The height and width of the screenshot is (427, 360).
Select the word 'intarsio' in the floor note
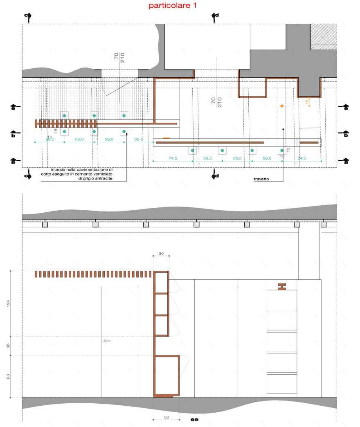click(60, 169)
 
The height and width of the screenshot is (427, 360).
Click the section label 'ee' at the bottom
click(195, 420)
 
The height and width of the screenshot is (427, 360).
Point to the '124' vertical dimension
click(8, 303)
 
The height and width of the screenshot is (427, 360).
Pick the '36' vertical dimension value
click(8, 346)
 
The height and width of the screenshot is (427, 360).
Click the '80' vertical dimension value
click(8, 376)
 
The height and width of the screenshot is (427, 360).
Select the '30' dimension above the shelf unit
click(161, 254)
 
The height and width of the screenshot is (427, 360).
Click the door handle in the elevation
click(108, 341)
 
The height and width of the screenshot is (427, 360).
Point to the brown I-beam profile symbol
click(282, 287)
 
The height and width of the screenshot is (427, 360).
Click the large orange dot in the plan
click(282, 106)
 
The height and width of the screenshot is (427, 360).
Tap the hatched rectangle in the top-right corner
click(324, 37)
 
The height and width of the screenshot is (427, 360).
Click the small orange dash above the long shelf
click(166, 138)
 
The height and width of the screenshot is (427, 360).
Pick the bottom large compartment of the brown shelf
click(166, 375)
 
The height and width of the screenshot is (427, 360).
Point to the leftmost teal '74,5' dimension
click(173, 158)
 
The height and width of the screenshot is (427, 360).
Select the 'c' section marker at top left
click(27, 16)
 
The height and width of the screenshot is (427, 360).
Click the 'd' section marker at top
click(216, 16)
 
